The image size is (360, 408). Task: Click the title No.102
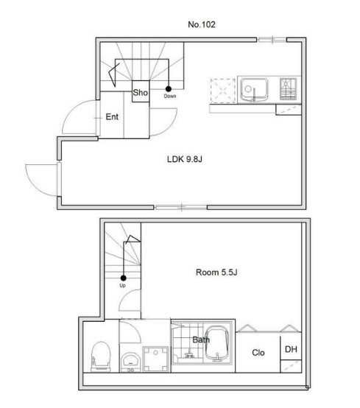coord(202,24)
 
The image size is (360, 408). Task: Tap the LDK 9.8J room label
coord(185,159)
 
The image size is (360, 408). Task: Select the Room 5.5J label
coord(216,272)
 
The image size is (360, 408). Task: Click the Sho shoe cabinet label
coord(140,92)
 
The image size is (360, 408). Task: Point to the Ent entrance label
coord(112,117)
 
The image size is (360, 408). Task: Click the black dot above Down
coord(169,89)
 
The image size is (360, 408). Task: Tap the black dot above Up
coord(123,278)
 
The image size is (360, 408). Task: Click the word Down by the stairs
coord(170,96)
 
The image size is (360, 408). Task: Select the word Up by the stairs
coord(122,286)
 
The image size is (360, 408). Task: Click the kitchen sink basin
coord(254,90)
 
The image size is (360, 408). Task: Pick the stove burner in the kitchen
coord(288,88)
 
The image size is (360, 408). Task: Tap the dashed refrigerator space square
coord(223,91)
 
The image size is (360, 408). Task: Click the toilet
coord(101,356)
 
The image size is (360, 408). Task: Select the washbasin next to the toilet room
coord(130,362)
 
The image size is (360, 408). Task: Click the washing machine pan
coord(155,359)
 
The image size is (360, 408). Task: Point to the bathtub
coord(218,344)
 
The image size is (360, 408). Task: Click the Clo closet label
coord(258,353)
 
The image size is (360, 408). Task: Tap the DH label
coord(291,349)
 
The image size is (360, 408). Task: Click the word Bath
coord(201,340)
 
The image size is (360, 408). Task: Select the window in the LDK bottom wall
coord(181,208)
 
